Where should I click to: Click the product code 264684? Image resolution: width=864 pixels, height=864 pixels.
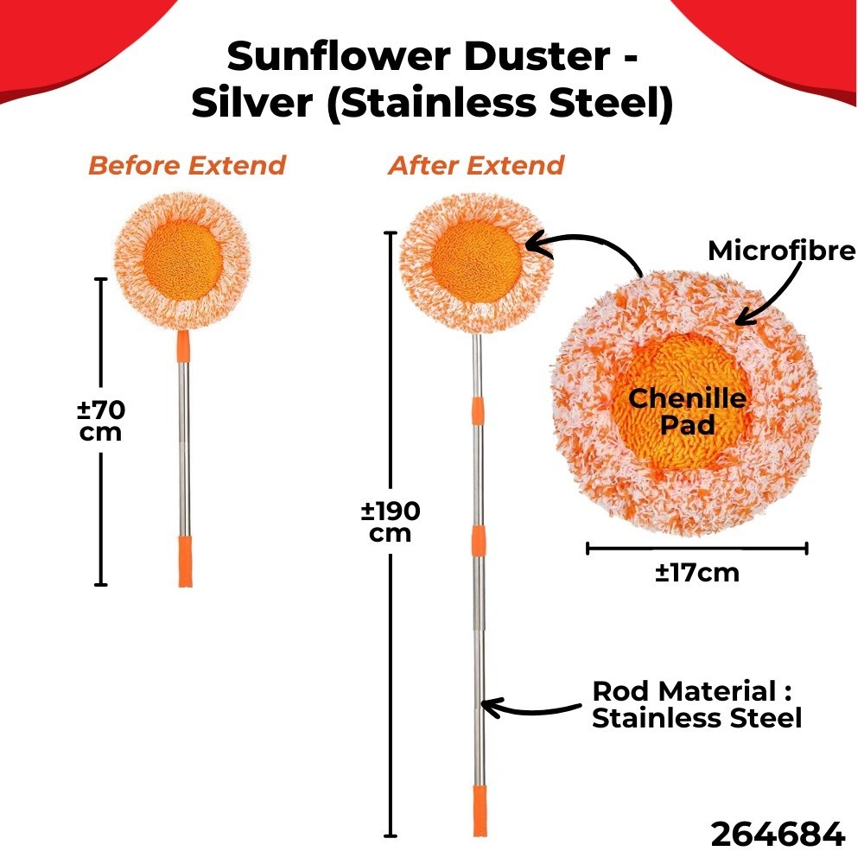(x=777, y=835)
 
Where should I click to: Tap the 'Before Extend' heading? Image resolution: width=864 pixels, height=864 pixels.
(x=187, y=165)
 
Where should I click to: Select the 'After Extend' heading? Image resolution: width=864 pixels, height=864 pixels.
(x=476, y=165)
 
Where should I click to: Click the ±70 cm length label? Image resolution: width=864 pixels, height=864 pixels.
(x=101, y=419)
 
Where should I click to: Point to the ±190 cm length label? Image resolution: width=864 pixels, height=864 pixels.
(x=391, y=522)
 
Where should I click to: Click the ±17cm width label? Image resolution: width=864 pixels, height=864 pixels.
(x=696, y=572)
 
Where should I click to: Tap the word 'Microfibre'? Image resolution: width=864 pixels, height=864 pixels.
(x=781, y=251)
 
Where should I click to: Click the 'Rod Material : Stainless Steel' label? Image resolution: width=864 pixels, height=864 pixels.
(x=696, y=704)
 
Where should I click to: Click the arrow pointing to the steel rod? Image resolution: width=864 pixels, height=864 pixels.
(x=530, y=708)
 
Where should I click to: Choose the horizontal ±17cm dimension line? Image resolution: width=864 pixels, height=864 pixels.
(x=696, y=547)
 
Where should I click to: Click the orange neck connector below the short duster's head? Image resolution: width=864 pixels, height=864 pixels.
(x=182, y=346)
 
